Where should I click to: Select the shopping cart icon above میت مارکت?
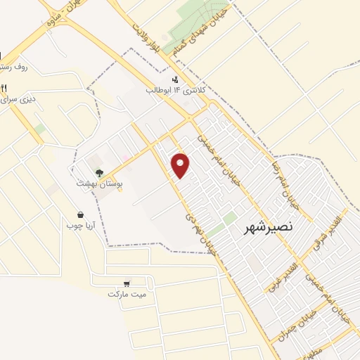[x=127, y=283]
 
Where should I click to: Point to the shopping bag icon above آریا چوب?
[x=82, y=214]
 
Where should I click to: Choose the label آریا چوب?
[x=79, y=226]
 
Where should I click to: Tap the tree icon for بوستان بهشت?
[x=99, y=172]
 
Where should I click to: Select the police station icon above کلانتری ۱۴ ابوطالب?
[x=174, y=79]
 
